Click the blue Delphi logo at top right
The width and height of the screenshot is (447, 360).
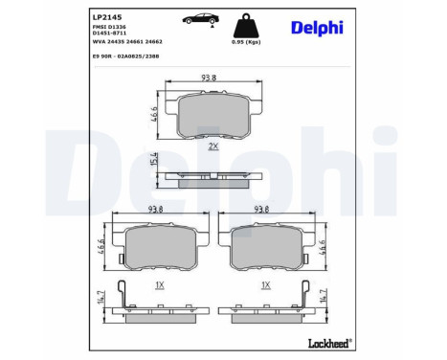tap(319, 27)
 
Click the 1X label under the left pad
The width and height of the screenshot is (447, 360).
tap(159, 285)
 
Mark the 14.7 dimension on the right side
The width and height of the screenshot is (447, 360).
tap(324, 299)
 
